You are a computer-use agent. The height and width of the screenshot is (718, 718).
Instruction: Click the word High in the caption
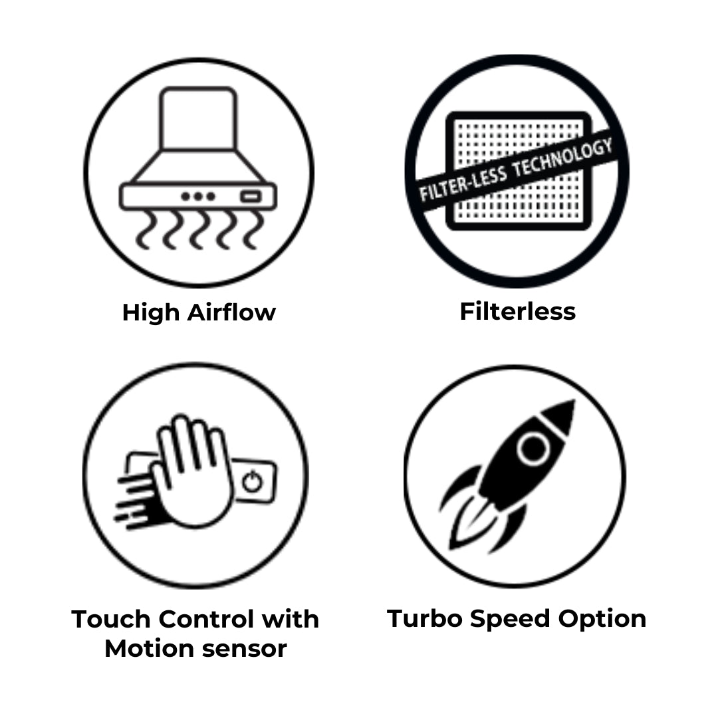(151, 313)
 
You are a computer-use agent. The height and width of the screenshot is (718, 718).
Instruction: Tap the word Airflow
(232, 312)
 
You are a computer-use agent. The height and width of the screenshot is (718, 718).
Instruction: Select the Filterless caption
(517, 311)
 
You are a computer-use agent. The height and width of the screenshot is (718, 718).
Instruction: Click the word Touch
(111, 619)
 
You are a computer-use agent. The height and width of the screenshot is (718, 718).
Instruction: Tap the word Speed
(510, 620)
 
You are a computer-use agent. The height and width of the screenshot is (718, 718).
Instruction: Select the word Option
(602, 620)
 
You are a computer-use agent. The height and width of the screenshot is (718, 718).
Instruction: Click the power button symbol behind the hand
(253, 482)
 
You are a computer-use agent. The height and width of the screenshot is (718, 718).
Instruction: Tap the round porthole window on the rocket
(533, 448)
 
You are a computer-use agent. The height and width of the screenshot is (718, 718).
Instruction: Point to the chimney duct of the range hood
(198, 118)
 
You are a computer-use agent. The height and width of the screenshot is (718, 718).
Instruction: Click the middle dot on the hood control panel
(198, 196)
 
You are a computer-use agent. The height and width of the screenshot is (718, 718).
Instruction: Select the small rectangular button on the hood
(251, 197)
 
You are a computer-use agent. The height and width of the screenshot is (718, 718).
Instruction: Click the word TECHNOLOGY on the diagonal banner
(562, 158)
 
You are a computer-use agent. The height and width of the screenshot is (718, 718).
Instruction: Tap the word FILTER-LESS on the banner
(463, 183)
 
